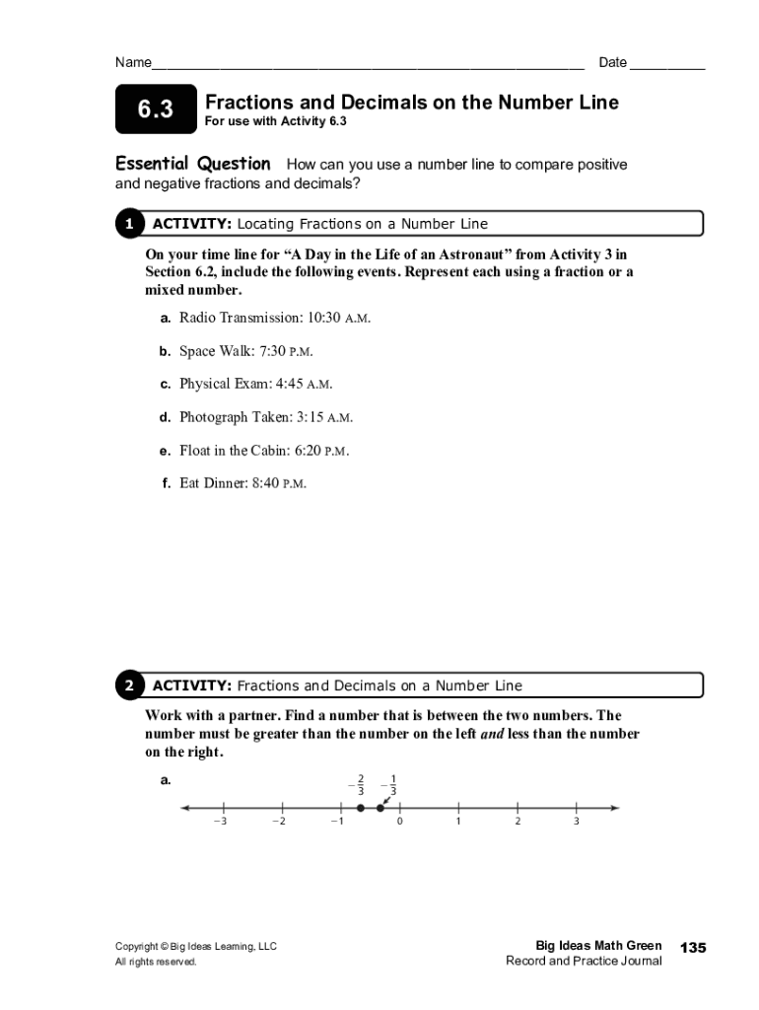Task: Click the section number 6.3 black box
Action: point(155,110)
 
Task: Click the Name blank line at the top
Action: point(367,65)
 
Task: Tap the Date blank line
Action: point(667,65)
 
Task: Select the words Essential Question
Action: point(193,164)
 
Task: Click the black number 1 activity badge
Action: point(128,224)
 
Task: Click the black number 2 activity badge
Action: point(128,685)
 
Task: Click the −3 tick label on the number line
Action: point(220,822)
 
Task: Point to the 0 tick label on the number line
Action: point(399,822)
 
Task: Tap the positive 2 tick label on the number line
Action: point(517,822)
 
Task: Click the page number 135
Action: point(693,948)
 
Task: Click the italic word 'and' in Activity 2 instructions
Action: point(492,734)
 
